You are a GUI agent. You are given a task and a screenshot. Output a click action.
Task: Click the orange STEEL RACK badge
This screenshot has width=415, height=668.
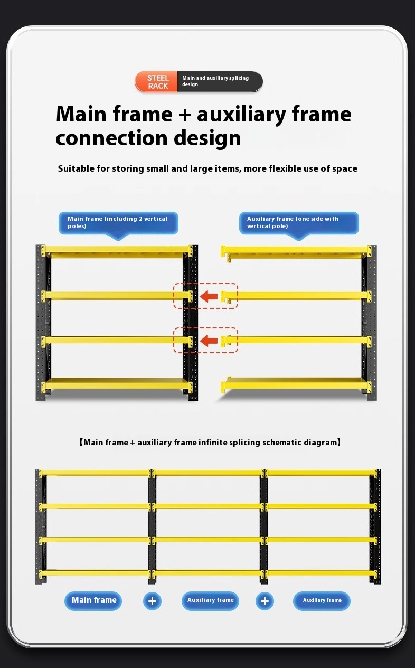(156, 81)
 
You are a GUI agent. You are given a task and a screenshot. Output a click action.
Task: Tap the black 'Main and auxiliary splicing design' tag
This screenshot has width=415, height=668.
(220, 81)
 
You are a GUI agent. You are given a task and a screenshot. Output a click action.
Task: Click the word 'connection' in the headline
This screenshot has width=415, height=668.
(111, 138)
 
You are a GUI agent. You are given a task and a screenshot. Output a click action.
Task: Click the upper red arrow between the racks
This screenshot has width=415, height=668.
(209, 296)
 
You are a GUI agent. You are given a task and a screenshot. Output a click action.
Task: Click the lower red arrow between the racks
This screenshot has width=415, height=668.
(209, 341)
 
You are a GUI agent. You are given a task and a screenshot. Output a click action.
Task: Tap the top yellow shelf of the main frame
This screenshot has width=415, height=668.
(117, 251)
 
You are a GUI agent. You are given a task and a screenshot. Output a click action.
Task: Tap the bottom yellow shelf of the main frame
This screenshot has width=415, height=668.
(117, 383)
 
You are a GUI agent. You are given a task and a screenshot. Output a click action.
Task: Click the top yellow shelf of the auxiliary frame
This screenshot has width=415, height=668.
(296, 251)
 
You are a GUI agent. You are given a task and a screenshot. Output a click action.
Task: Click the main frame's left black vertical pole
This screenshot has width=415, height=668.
(41, 323)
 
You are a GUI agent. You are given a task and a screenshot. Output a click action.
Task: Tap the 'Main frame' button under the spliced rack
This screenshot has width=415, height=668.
(93, 600)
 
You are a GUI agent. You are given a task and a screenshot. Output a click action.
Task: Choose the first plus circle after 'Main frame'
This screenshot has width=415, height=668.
(152, 601)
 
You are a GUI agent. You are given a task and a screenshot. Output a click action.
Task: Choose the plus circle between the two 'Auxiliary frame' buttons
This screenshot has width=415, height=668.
(265, 601)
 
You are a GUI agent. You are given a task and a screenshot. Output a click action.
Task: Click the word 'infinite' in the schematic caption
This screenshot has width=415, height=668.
(213, 442)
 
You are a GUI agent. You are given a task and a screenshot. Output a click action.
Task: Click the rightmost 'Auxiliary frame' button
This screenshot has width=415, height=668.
(322, 600)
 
